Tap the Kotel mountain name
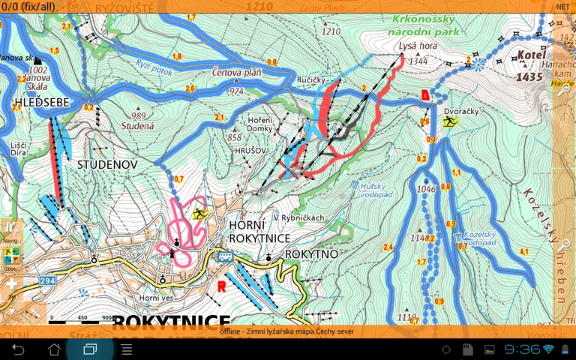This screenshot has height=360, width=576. click(x=530, y=55)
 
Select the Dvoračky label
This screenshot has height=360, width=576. click(x=461, y=111)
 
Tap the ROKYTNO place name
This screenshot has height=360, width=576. click(x=311, y=254)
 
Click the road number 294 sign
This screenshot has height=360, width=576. click(x=49, y=280)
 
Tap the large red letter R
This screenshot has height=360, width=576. click(x=222, y=286)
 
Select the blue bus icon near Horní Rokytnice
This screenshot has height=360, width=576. click(x=224, y=256)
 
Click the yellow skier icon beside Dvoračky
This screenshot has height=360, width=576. click(x=449, y=121)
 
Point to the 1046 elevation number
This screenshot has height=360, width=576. click(x=426, y=189)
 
